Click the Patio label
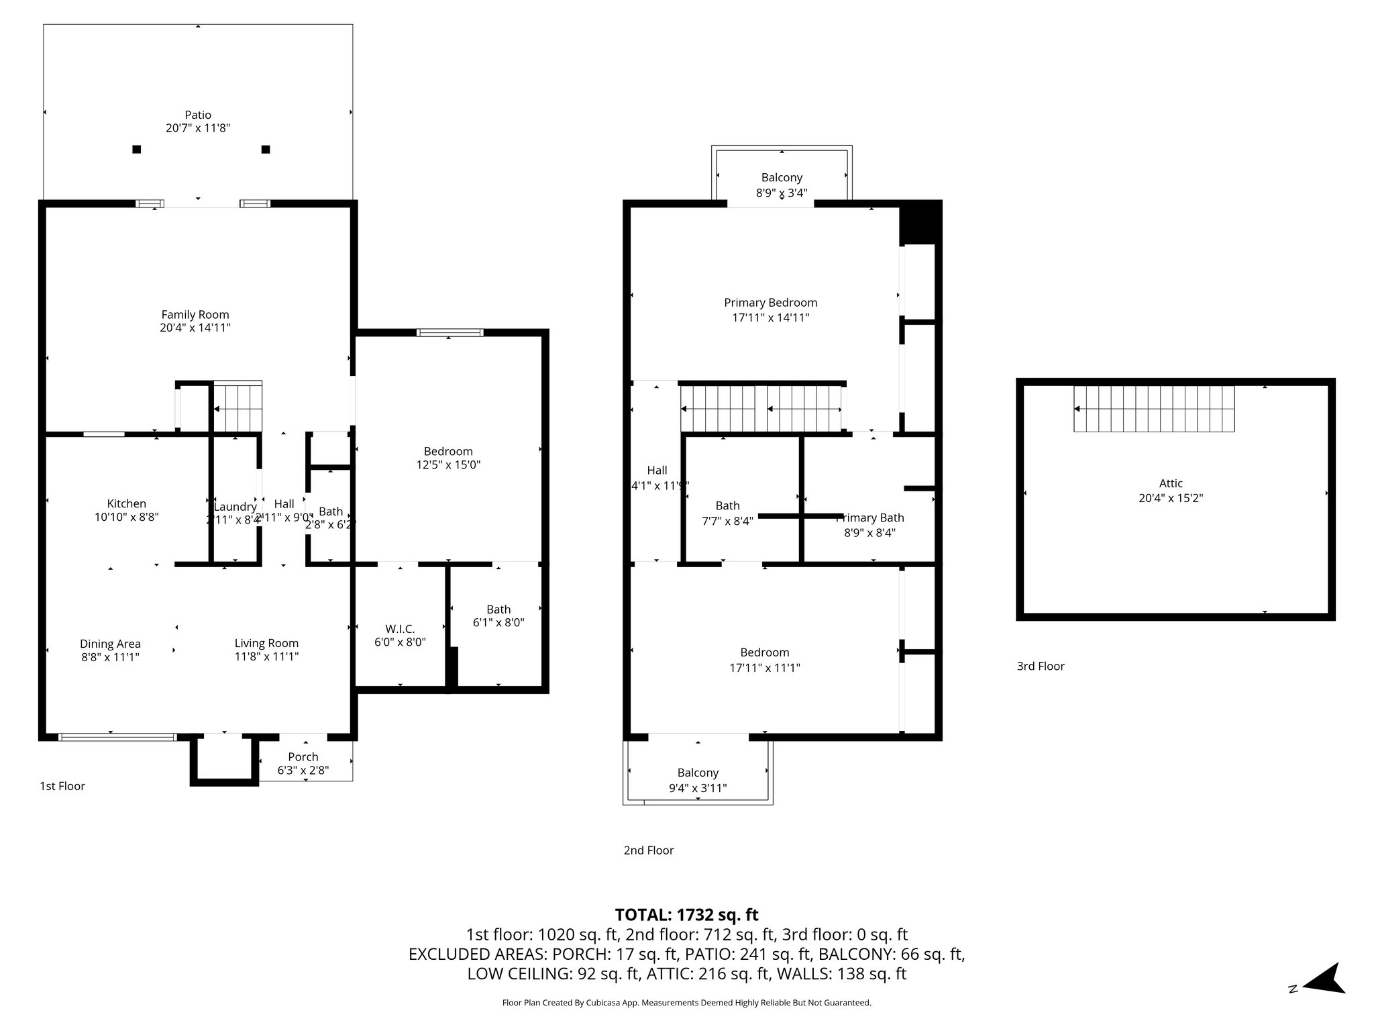[x=198, y=115]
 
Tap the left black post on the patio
[x=137, y=149]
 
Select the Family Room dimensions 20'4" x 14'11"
[x=195, y=328]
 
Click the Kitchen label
[x=126, y=503]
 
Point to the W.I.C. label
[x=400, y=629]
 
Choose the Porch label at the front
[x=303, y=756]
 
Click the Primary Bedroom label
[x=770, y=303]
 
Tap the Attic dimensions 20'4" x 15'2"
[x=1171, y=498]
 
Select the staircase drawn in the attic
[x=1154, y=408]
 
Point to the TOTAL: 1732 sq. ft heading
[x=686, y=914]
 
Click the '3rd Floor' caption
[x=1041, y=666]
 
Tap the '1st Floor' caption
[x=62, y=786]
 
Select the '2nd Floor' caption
[x=648, y=850]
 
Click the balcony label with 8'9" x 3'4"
[x=782, y=178]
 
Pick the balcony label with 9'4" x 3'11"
[x=698, y=773]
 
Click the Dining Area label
[x=110, y=644]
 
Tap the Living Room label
[x=266, y=643]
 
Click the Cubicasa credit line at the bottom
[x=686, y=1003]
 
